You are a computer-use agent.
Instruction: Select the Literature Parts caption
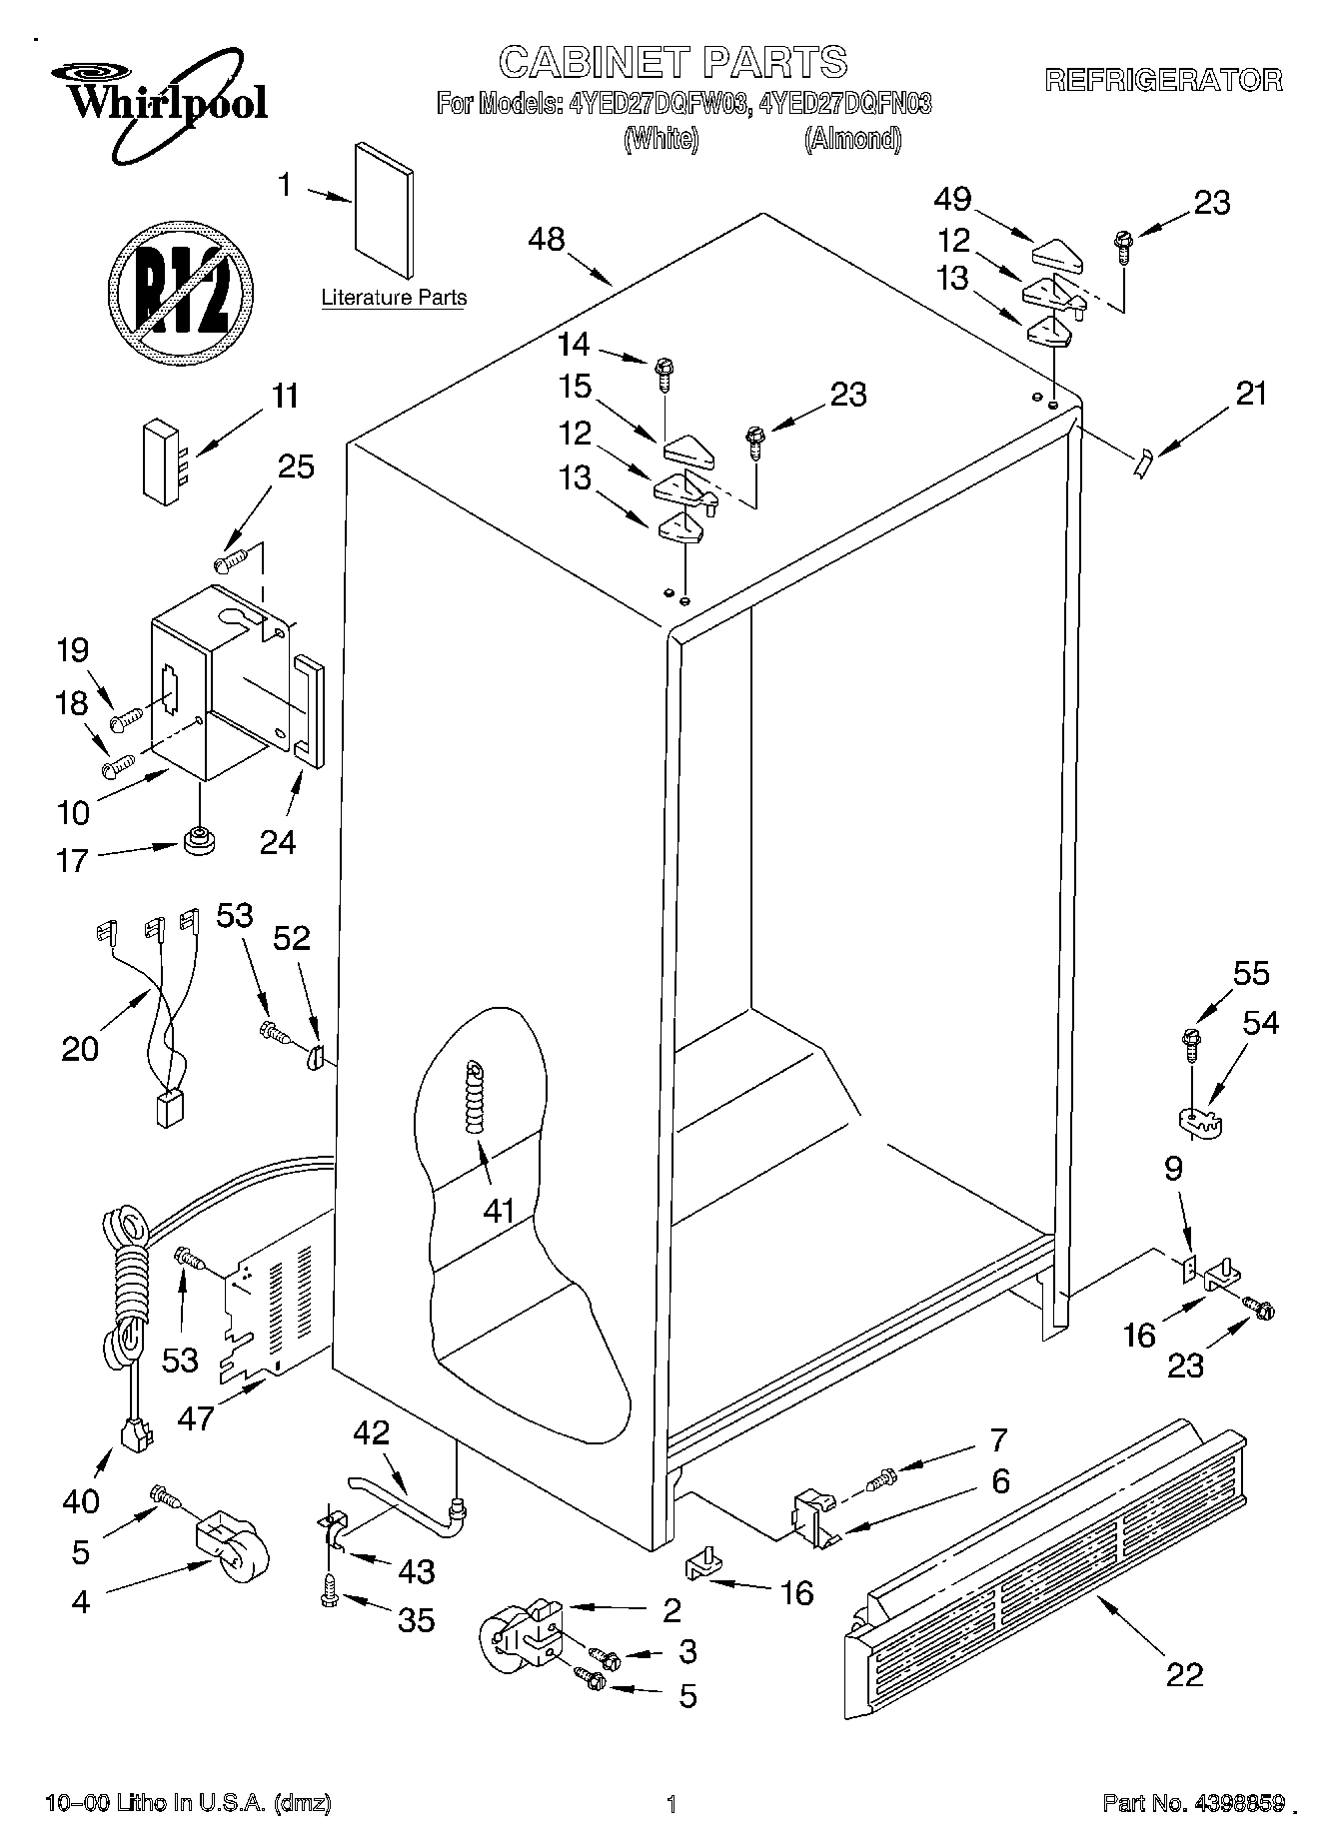(x=394, y=298)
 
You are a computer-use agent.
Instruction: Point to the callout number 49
(x=952, y=200)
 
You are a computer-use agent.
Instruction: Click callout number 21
(x=1251, y=394)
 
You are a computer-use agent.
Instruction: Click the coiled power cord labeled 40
(x=128, y=1299)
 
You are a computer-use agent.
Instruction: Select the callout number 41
(x=498, y=1211)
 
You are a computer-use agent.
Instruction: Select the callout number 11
(x=285, y=397)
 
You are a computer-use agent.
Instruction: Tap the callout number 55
(x=1250, y=973)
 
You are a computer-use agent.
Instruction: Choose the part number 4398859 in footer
(x=1233, y=1803)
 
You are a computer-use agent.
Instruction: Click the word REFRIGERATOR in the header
(x=1163, y=80)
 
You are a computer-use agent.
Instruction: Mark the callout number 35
(x=415, y=1619)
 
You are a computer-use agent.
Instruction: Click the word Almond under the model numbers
(x=852, y=139)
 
